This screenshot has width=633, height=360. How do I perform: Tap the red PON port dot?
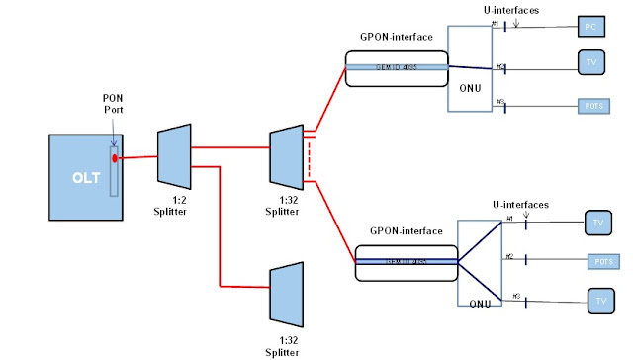tap(115, 158)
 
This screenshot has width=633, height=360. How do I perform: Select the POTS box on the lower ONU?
tap(605, 260)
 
